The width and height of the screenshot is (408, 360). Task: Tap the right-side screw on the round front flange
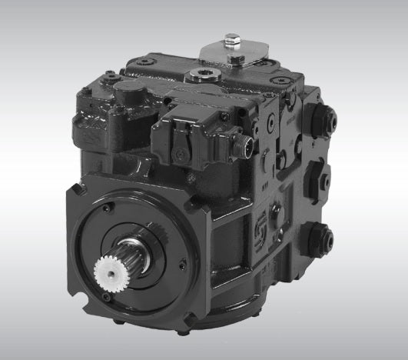coord(182,265)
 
